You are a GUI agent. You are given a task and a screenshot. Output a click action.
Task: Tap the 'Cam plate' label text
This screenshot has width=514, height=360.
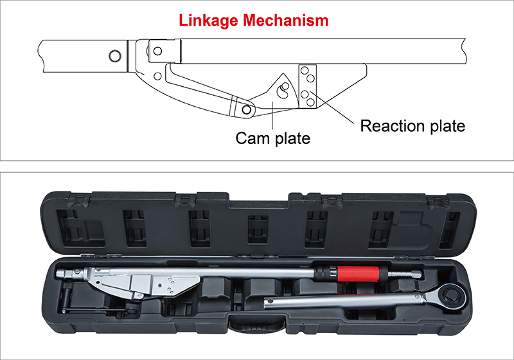tap(272, 138)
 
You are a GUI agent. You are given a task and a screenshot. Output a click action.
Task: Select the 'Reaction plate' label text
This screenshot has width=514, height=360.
tap(412, 125)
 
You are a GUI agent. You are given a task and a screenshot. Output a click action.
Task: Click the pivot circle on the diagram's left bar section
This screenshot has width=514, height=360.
tap(114, 55)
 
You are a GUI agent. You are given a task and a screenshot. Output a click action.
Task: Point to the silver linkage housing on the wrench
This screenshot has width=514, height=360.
tap(145, 282)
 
